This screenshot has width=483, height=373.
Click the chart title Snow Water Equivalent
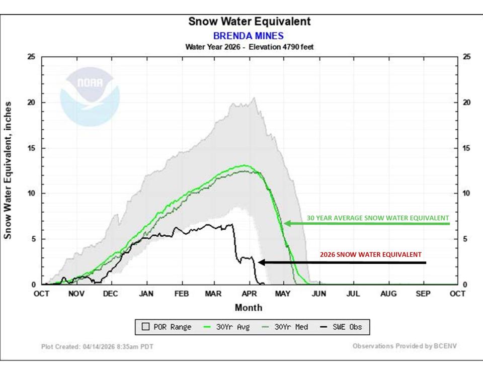pos(249,22)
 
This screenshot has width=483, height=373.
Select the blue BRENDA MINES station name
pos(249,36)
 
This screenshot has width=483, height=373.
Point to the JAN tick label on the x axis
pos(146,294)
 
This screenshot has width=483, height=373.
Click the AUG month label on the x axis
pos(388,294)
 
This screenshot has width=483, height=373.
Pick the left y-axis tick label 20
pos(31,103)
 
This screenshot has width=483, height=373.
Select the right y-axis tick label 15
pos(466,148)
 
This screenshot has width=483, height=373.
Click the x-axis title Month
pos(249,307)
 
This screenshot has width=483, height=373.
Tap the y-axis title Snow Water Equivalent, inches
pos(9,170)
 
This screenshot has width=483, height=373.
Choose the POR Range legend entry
pos(167,327)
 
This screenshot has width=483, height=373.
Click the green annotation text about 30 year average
pos(377,218)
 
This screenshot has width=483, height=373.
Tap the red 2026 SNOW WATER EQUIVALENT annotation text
pos(371,254)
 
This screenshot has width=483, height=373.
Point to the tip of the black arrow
pos(259,262)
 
